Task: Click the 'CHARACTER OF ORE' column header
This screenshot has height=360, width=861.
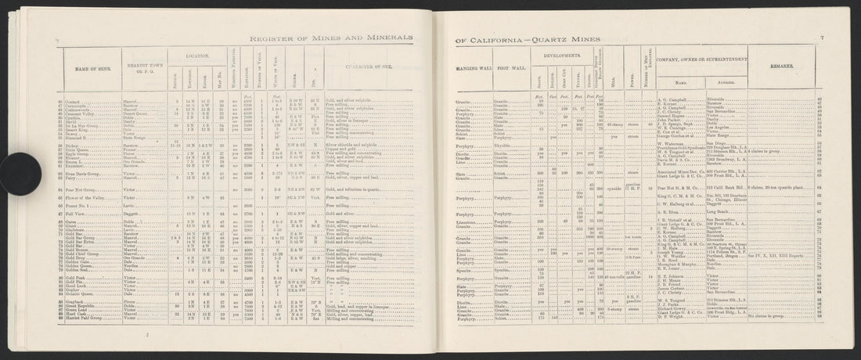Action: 370,67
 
